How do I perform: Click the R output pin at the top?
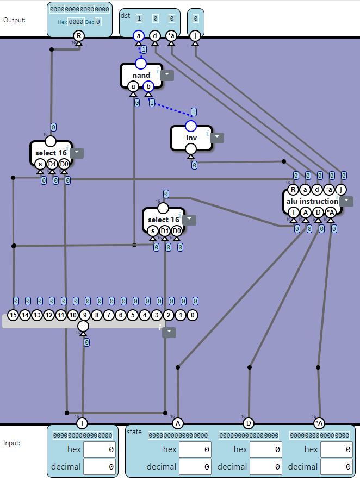click(79, 36)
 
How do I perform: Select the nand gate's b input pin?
click(148, 85)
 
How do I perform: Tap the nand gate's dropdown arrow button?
click(166, 76)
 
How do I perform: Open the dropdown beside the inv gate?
click(217, 138)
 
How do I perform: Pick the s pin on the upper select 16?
click(40, 164)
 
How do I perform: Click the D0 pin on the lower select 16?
click(177, 230)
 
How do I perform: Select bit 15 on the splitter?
click(14, 315)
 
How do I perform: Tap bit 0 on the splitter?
click(193, 315)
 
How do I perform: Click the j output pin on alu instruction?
click(341, 190)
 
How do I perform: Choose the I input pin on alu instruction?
click(293, 213)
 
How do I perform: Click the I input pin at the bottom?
click(83, 423)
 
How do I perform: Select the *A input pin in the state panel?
click(319, 423)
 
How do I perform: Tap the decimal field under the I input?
click(99, 466)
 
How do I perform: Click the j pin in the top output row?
click(195, 36)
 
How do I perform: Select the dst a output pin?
click(138, 36)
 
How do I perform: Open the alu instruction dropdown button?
click(346, 202)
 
